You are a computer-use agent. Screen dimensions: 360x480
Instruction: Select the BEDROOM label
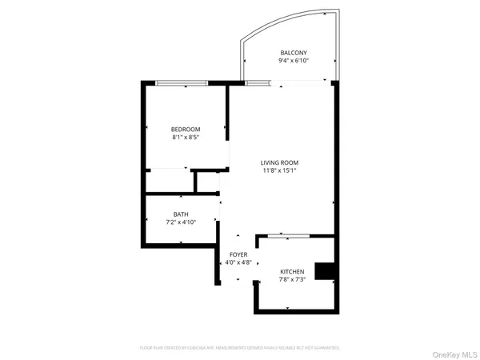(185, 129)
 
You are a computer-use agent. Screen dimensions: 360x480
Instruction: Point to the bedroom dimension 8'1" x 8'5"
(185, 137)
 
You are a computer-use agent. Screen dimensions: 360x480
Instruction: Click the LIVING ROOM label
(279, 162)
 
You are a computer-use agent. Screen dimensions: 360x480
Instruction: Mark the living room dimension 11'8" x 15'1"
(279, 170)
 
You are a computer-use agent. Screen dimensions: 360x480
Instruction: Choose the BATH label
(181, 214)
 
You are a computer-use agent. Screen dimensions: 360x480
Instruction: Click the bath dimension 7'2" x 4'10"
(181, 222)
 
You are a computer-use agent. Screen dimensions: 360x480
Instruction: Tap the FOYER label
(238, 254)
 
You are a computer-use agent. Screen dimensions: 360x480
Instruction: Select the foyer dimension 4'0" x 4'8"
(238, 262)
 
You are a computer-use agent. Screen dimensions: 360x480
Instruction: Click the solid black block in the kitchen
(325, 272)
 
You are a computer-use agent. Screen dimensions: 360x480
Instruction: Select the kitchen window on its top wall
(288, 235)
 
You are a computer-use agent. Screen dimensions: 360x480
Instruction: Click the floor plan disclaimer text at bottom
(240, 348)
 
